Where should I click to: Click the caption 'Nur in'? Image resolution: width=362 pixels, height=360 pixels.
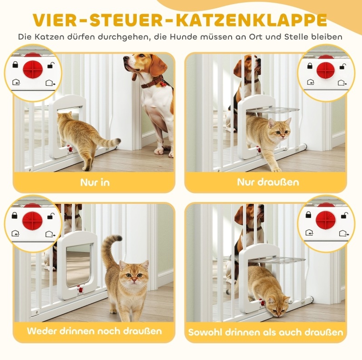click(95, 182)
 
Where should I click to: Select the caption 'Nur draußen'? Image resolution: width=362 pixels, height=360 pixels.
click(268, 182)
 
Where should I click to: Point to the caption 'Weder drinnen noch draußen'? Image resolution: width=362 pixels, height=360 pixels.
click(94, 331)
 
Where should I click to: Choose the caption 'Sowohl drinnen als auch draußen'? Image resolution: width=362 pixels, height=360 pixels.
click(266, 332)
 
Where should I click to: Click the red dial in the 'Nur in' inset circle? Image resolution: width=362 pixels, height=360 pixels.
click(33, 69)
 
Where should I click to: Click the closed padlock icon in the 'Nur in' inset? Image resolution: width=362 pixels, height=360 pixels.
click(15, 64)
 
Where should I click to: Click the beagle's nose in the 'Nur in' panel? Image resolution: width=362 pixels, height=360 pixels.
click(124, 58)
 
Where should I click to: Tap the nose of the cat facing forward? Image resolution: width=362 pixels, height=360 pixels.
click(134, 280)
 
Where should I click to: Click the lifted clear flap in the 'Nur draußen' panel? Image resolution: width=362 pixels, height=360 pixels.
click(273, 110)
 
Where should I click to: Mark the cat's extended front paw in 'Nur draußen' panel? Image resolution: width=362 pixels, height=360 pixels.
click(277, 170)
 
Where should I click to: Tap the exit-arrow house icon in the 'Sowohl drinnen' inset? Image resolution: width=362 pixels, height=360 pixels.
click(343, 233)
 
